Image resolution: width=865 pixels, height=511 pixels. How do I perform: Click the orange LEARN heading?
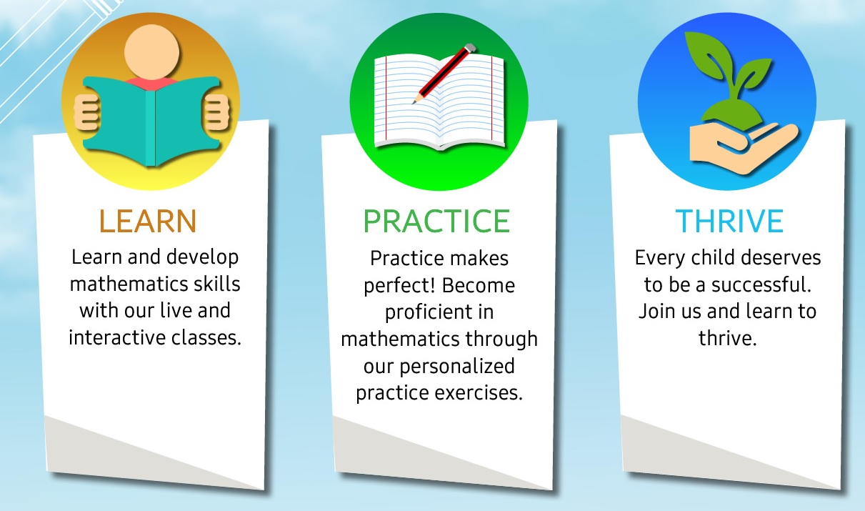tap(148, 221)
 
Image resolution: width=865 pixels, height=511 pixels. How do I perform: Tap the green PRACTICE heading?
tap(436, 221)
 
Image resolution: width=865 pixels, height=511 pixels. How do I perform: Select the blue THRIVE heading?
tap(729, 221)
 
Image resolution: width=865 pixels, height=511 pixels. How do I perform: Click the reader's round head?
tap(151, 52)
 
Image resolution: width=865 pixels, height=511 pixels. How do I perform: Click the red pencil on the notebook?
tap(444, 74)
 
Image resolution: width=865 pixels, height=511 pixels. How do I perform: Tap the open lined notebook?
tap(439, 102)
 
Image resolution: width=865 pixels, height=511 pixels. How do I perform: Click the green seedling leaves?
tap(728, 77)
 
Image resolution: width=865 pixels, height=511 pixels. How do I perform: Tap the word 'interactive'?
tap(117, 337)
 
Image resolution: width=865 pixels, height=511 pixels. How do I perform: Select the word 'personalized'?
tap(457, 367)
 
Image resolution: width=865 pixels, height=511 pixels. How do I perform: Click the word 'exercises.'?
tap(479, 393)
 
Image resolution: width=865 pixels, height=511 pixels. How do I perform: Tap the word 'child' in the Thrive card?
tap(709, 257)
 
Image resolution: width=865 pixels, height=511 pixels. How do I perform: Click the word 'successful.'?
tap(761, 285)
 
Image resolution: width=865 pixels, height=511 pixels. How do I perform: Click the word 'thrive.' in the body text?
tap(728, 338)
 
